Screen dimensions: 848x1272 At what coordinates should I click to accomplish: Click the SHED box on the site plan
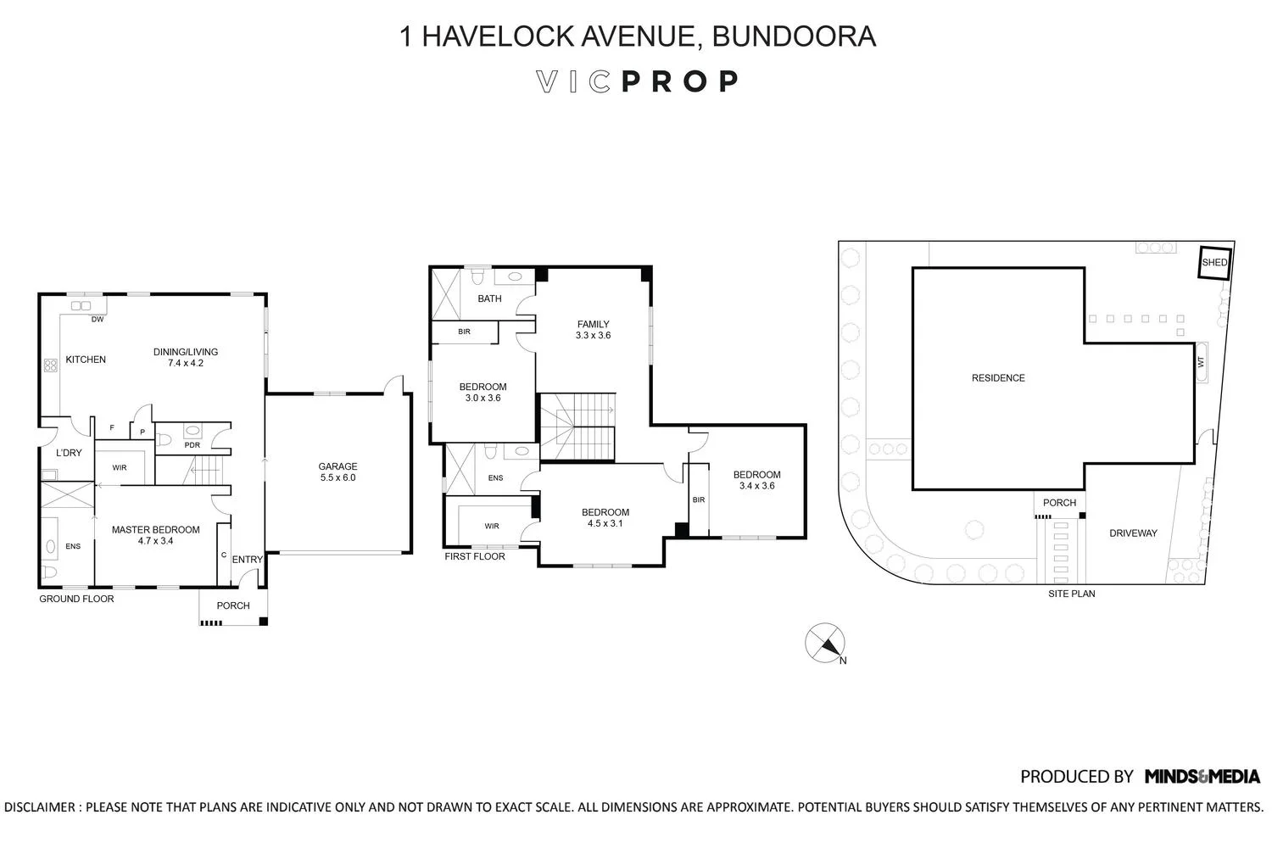pyautogui.click(x=1214, y=263)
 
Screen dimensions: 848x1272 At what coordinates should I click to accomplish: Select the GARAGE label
pyautogui.click(x=338, y=466)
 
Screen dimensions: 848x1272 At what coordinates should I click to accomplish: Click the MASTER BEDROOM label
pyautogui.click(x=156, y=530)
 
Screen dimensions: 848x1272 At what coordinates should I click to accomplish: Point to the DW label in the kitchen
pyautogui.click(x=98, y=320)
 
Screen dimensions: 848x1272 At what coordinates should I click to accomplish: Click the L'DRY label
pyautogui.click(x=69, y=453)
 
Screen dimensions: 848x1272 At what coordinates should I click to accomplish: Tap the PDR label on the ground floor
pyautogui.click(x=192, y=445)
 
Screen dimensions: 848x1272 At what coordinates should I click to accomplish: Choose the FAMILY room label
pyautogui.click(x=594, y=324)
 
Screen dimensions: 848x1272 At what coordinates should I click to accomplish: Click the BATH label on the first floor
pyautogui.click(x=489, y=298)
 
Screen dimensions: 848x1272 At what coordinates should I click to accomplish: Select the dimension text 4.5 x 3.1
pyautogui.click(x=605, y=523)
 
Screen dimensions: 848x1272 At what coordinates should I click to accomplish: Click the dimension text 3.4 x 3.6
pyautogui.click(x=756, y=486)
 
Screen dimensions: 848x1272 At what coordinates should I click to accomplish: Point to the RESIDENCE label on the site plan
pyautogui.click(x=998, y=378)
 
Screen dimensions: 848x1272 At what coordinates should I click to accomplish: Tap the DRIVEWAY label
pyautogui.click(x=1133, y=533)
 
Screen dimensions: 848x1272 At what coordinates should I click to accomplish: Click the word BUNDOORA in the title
pyautogui.click(x=794, y=36)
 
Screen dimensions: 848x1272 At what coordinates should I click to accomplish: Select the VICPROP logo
pyautogui.click(x=637, y=81)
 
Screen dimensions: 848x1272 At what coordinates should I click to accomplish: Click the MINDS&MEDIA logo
pyautogui.click(x=1202, y=776)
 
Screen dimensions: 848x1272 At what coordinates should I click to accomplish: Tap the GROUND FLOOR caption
pyautogui.click(x=76, y=599)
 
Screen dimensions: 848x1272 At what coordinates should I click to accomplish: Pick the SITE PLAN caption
pyautogui.click(x=1071, y=594)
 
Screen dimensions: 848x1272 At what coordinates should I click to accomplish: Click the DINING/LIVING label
pyautogui.click(x=186, y=352)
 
